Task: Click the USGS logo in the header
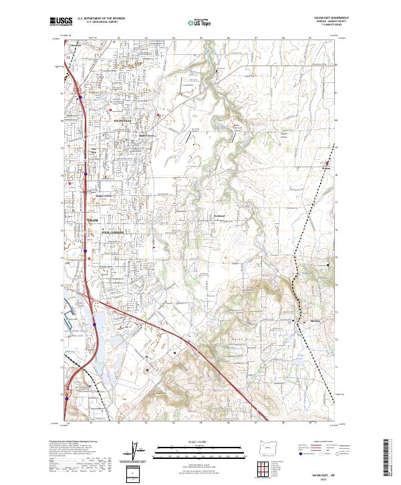tap(61, 22)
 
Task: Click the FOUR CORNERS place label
tap(113, 232)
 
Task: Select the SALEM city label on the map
tap(93, 220)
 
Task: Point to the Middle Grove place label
tap(146, 135)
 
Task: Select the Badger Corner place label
tap(106, 196)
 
